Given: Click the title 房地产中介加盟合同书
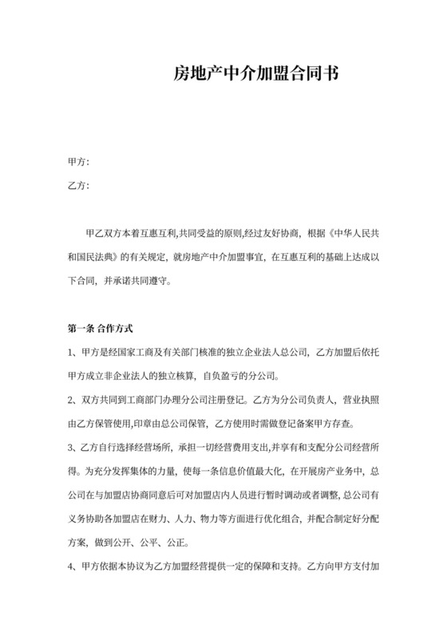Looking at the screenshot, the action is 256,76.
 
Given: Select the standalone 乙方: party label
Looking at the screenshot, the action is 79,187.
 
